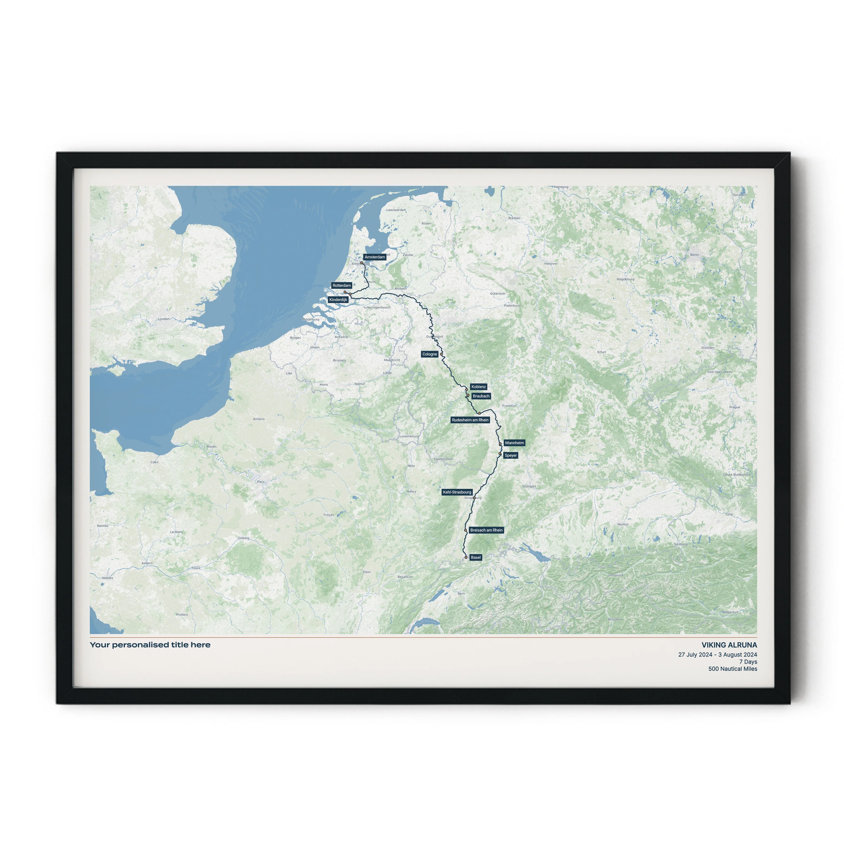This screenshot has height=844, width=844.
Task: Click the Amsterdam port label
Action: pyautogui.click(x=374, y=257)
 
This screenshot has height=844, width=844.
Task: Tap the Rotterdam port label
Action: pyautogui.click(x=341, y=285)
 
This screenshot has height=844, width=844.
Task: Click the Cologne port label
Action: pyautogui.click(x=429, y=354)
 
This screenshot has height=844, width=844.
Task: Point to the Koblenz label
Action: pyautogui.click(x=478, y=386)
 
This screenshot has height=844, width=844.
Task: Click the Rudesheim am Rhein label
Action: pyautogui.click(x=470, y=420)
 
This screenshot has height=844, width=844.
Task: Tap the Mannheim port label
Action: pyautogui.click(x=514, y=443)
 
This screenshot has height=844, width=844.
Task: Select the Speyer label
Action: pyautogui.click(x=510, y=455)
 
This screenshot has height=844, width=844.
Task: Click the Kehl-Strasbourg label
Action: pyautogui.click(x=457, y=492)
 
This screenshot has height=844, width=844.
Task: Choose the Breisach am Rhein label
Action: pyautogui.click(x=486, y=530)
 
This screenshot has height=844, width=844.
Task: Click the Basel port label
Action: pyautogui.click(x=476, y=557)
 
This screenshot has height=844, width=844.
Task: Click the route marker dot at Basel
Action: pyautogui.click(x=466, y=557)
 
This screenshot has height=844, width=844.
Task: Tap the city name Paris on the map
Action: pyautogui.click(x=261, y=482)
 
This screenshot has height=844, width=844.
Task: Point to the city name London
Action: pyautogui.click(x=163, y=319)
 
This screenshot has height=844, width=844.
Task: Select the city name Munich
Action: pyautogui.click(x=623, y=524)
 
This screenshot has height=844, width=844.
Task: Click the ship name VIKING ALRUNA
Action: pyautogui.click(x=729, y=645)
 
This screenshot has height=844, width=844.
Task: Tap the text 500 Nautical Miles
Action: pyautogui.click(x=733, y=669)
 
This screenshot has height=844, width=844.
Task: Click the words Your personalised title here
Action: pyautogui.click(x=150, y=645)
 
